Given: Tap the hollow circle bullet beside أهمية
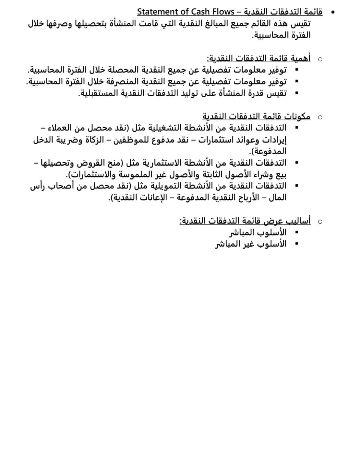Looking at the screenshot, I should coord(320,59).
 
